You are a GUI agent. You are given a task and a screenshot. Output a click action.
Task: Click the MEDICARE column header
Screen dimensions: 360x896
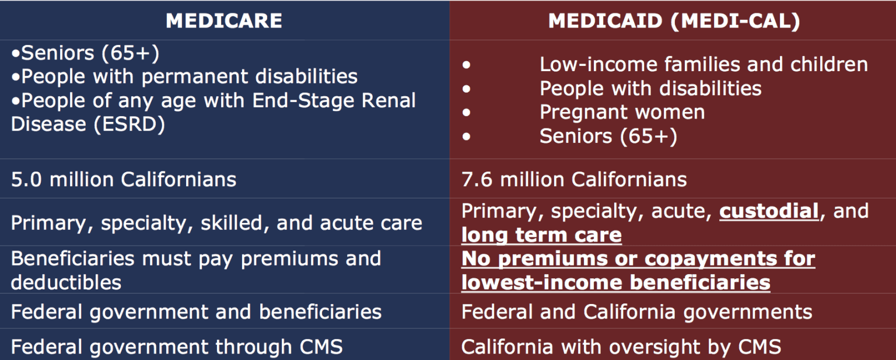coord(224,21)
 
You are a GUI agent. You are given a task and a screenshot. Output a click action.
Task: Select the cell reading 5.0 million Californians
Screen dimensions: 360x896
coord(124,179)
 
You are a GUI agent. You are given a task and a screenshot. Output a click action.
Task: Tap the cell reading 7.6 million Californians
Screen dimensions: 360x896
coord(574,179)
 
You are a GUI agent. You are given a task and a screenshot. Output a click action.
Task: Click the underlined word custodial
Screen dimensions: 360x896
coord(769,211)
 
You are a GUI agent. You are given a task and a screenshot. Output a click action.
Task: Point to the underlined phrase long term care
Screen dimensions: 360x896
coord(541,235)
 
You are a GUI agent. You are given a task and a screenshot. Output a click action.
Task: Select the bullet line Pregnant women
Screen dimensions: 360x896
coord(622,112)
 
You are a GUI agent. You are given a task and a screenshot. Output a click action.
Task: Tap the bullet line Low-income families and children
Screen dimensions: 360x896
coord(703,64)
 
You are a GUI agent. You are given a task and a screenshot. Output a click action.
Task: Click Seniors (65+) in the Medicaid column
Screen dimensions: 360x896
coord(608,136)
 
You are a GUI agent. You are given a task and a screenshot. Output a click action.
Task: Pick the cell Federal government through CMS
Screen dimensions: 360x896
coord(177,347)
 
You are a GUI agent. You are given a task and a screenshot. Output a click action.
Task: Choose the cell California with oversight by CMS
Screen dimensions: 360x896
coord(621,347)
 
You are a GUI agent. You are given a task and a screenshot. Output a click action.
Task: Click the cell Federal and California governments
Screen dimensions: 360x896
coord(636,312)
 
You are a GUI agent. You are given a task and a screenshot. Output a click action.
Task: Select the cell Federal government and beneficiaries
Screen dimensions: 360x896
coord(196,312)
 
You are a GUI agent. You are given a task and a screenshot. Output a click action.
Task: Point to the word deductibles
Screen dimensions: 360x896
coord(66,282)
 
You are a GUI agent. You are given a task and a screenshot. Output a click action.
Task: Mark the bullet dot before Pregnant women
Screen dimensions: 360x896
coord(466,113)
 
